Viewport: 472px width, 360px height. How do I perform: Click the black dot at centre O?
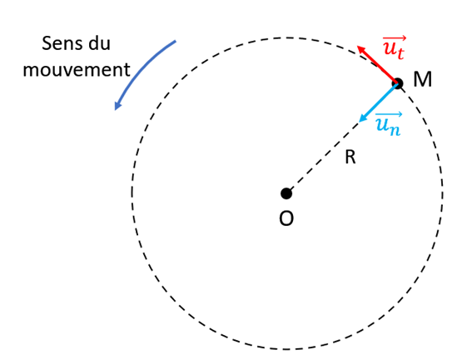286,193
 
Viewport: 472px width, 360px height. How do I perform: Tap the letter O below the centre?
286,218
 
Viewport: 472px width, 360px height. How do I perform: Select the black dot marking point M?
397,83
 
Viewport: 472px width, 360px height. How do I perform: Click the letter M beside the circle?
422,80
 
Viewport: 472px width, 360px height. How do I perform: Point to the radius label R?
350,157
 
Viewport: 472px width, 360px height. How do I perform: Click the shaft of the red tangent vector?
379,66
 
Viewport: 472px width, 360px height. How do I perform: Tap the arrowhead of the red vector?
361,49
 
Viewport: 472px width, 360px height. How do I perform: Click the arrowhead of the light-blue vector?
363,118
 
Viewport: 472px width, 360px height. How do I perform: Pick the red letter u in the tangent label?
389,49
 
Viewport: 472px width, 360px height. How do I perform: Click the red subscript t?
400,53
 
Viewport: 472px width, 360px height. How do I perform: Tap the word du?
100,43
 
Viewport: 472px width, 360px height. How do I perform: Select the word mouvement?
76,69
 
